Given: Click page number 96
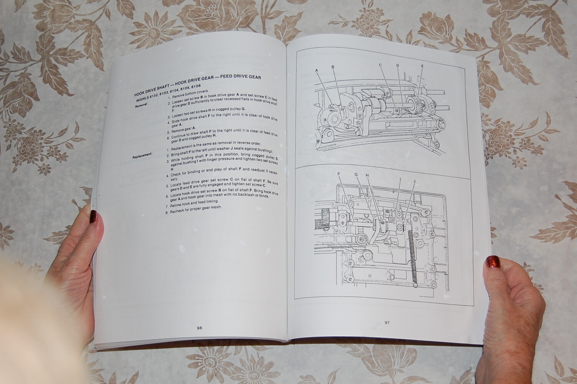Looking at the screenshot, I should click(199, 328).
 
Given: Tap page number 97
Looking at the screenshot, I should click(387, 323).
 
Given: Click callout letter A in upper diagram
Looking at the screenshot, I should click(317, 70).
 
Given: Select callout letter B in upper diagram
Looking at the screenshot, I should click(333, 67).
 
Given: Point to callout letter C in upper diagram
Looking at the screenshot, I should click(381, 65).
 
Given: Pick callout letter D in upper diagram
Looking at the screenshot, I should click(398, 66).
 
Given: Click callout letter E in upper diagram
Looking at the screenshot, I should click(422, 66).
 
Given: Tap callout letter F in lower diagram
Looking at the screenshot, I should click(339, 174).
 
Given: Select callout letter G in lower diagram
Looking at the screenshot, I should click(356, 175).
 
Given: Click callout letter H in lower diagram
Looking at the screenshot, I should click(367, 175).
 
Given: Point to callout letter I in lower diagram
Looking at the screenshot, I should click(400, 179).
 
